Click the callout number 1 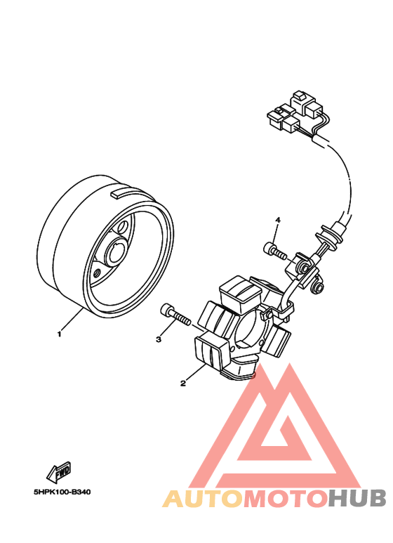[60, 334]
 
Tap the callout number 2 [183, 384]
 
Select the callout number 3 [159, 340]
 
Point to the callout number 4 [277, 221]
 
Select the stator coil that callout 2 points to [208, 349]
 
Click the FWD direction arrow [60, 470]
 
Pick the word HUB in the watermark [357, 499]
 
